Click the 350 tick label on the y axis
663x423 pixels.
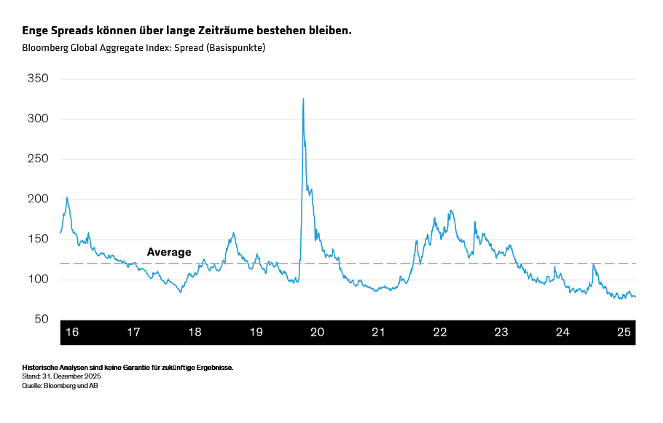(x=37, y=79)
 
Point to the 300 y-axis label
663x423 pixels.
(x=37, y=119)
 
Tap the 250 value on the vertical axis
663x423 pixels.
(x=37, y=159)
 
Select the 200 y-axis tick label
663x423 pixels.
(x=37, y=199)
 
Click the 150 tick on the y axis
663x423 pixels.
(x=37, y=240)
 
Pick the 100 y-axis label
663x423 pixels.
(x=37, y=280)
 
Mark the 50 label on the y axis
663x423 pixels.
(x=41, y=320)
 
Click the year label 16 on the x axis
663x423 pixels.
(x=72, y=332)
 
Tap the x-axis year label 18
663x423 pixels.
(x=195, y=332)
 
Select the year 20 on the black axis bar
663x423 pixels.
(x=317, y=332)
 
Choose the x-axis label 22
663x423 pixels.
(x=439, y=332)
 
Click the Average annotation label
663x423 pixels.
(x=169, y=253)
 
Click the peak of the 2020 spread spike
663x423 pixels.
(x=303, y=99)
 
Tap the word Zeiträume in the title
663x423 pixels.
(x=221, y=31)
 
